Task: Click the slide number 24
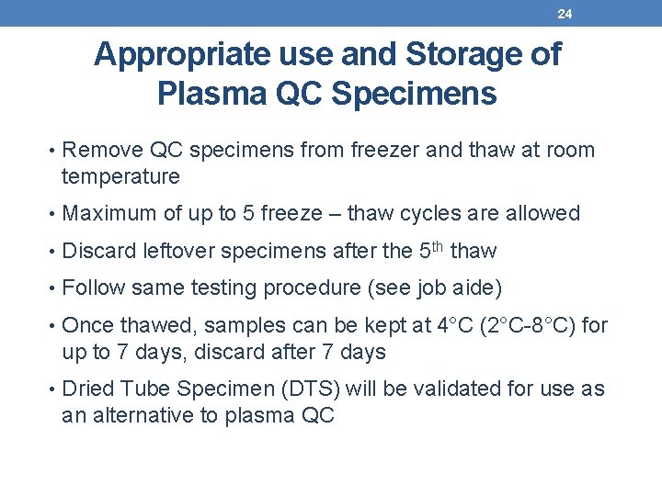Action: pyautogui.click(x=565, y=13)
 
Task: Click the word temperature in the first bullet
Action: pyautogui.click(x=120, y=175)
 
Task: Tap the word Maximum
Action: pyautogui.click(x=109, y=214)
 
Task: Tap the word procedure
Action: pyautogui.click(x=313, y=288)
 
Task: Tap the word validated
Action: pyautogui.click(x=453, y=389)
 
